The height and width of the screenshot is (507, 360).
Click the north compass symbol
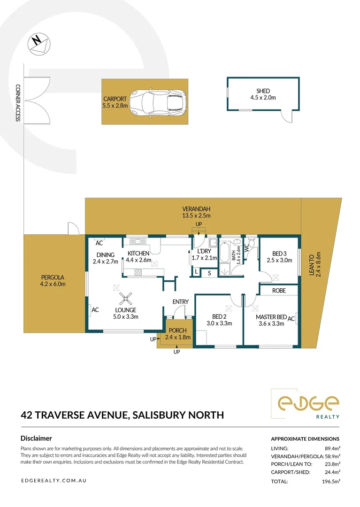coord(39,44)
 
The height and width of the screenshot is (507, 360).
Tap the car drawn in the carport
coord(158,102)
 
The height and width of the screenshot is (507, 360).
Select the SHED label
coord(263,91)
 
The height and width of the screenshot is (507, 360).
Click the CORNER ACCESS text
coord(18,103)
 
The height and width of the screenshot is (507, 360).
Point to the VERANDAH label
coord(196,209)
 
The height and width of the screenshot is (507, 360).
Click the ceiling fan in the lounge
coord(125,299)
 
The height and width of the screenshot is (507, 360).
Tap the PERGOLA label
coord(53,277)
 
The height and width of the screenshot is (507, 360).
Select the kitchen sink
coord(138,241)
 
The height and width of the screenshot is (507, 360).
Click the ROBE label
coord(279,291)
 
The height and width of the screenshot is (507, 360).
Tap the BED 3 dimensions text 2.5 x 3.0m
coord(280,260)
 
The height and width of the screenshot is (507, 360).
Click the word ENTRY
coord(180,302)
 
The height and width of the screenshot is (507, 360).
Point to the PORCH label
coord(178,330)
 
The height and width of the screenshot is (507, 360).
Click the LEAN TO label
coord(312,265)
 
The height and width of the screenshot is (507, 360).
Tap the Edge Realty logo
coord(306,404)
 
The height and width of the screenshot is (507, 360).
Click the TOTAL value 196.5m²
coord(331,482)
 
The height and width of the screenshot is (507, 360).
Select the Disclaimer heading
coord(36,438)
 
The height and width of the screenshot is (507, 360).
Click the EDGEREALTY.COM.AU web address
coord(54,481)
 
